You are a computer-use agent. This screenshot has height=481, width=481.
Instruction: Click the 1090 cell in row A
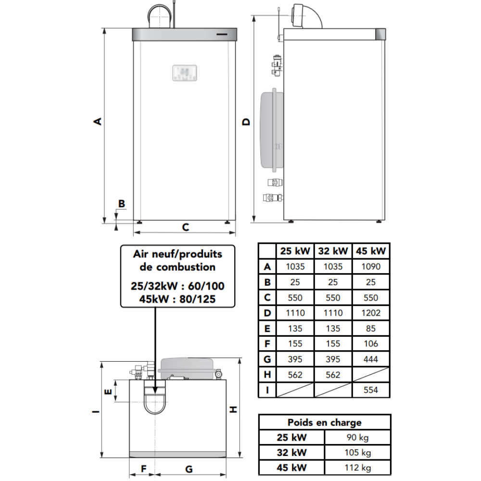[x=370, y=266]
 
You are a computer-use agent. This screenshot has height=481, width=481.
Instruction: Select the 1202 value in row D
[x=370, y=313]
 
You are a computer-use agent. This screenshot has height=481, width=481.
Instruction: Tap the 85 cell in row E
[x=370, y=329]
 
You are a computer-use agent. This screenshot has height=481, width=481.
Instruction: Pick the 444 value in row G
[x=370, y=359]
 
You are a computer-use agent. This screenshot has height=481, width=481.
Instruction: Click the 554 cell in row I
[x=370, y=390]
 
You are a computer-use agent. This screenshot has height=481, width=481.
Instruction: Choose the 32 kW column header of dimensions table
[x=333, y=251]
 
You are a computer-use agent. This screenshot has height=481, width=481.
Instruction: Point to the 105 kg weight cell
[x=358, y=453]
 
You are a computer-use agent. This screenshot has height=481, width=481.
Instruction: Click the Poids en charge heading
[x=325, y=422]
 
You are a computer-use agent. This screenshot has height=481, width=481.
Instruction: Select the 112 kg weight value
[x=358, y=468]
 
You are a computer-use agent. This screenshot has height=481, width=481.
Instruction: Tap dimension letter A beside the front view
[x=97, y=121]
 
